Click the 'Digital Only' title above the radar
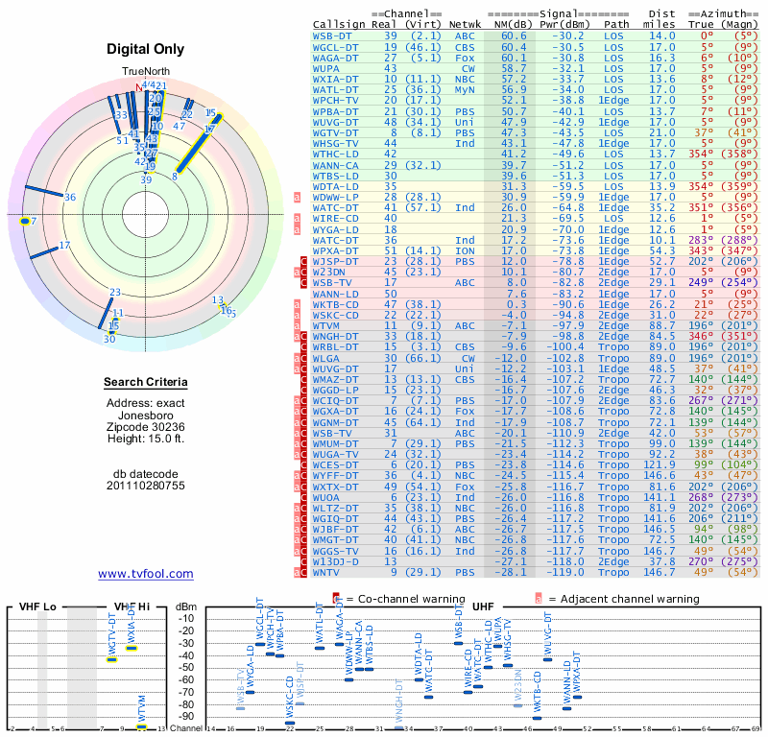146,50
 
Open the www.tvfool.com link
146,574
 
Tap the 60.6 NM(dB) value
513,36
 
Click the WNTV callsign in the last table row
331,572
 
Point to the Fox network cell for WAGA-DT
467,58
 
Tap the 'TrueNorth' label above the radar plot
144,72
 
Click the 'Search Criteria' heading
146,383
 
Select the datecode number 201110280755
146,485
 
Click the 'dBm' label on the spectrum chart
186,606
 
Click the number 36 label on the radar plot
70,197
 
